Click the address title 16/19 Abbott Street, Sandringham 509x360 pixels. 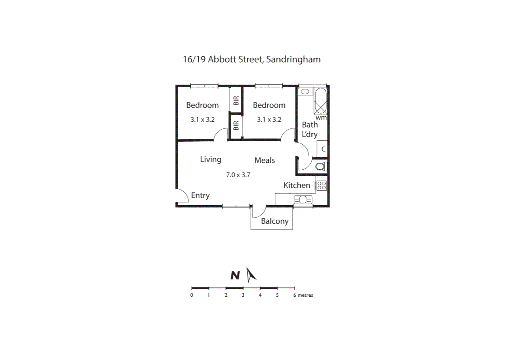click(x=252, y=59)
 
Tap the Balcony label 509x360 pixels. click(x=274, y=221)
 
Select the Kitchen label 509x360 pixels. click(x=296, y=185)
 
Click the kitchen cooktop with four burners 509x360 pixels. click(x=321, y=186)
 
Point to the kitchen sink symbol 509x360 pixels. click(x=303, y=200)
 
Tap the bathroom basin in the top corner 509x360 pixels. click(x=305, y=91)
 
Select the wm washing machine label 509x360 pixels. click(x=321, y=118)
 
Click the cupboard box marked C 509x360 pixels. click(x=323, y=149)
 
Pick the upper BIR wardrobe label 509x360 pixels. click(x=236, y=100)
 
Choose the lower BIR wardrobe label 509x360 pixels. click(x=236, y=125)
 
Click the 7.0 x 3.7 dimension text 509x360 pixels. click(x=238, y=175)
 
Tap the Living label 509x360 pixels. click(x=211, y=159)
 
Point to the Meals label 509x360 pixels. click(x=264, y=160)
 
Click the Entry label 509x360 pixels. click(x=200, y=195)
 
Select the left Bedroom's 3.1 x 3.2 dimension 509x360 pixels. click(x=203, y=119)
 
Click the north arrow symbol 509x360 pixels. click(x=251, y=275)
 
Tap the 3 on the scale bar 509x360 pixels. click(x=243, y=295)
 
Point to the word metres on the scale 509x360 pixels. click(x=305, y=295)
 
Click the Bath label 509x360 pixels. click(x=310, y=125)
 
